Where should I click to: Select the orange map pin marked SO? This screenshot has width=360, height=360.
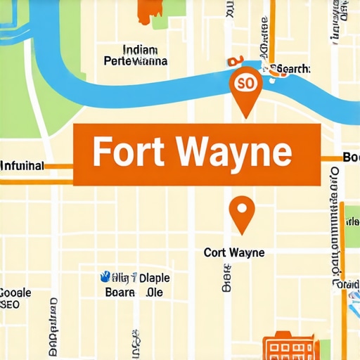[x=245, y=85]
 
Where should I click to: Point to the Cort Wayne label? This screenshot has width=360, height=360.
[x=234, y=252]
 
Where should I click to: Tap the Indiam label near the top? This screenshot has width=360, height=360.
[x=139, y=50]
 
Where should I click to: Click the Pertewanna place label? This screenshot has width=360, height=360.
[x=135, y=61]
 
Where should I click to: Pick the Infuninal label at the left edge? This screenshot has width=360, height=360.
[x=22, y=166]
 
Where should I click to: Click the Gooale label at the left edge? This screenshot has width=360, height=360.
[x=15, y=292]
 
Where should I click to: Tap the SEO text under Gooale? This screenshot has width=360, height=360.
[x=11, y=304]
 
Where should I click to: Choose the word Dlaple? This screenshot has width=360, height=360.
[x=154, y=278]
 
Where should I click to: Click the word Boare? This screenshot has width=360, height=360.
[x=119, y=292]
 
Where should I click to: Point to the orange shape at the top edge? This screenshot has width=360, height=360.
[x=150, y=8]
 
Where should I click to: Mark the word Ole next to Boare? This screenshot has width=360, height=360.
[x=154, y=292]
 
